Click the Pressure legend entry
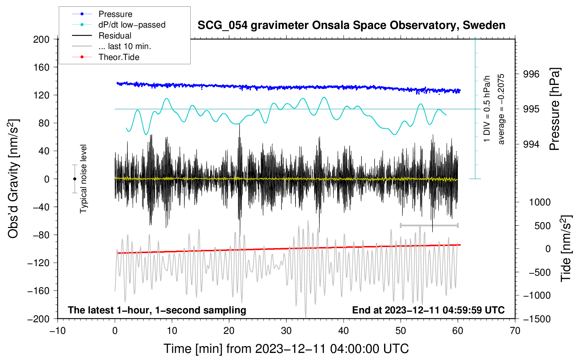coord(102,14)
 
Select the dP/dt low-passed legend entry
coord(119,25)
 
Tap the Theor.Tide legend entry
coord(106,57)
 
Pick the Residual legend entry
coord(102,36)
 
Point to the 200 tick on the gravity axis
coord(41,40)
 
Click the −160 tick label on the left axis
coord(38,291)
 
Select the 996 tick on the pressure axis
coord(531,74)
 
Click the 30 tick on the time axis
coord(286,331)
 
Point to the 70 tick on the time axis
coord(515,331)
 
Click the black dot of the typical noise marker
coord(74,179)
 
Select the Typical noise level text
coord(83,179)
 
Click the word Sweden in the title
coord(484,25)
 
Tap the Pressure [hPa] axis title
coord(555,109)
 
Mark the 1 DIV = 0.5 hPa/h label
coord(487,109)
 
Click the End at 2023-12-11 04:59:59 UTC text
coord(428,310)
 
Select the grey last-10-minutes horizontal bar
coord(429,225)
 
